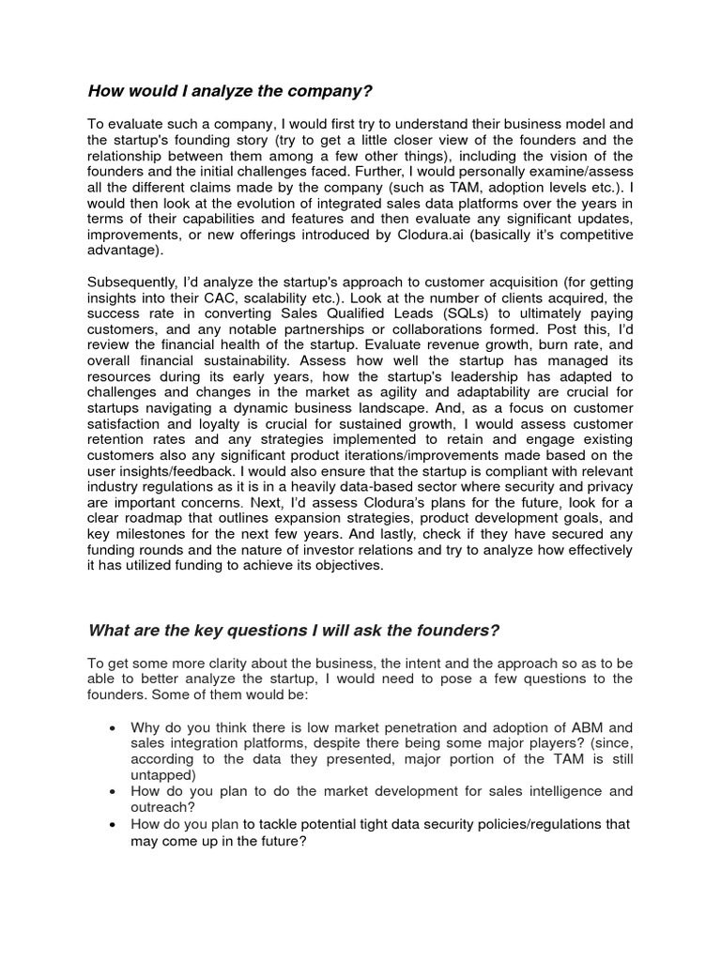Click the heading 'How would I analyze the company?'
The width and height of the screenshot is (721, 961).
pyautogui.click(x=230, y=91)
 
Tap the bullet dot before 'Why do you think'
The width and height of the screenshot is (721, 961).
pyautogui.click(x=114, y=727)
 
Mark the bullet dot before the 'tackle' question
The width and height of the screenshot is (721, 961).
pyautogui.click(x=114, y=824)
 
